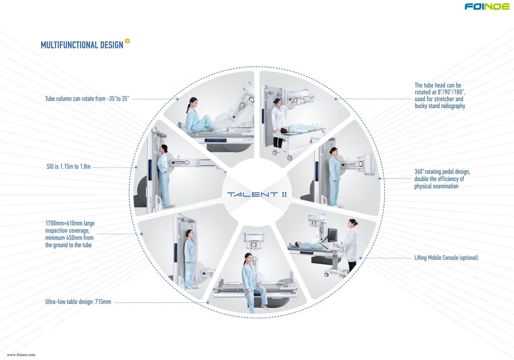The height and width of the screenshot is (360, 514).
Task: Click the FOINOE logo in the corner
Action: pos(487,7)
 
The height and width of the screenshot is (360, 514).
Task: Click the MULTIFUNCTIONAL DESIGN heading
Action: pos(81,45)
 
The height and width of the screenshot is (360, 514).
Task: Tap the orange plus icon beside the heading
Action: pos(127,41)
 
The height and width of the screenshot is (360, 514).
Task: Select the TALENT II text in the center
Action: pos(257,195)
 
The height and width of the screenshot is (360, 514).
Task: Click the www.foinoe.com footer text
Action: pos(21,355)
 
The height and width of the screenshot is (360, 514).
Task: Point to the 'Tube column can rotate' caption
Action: pos(87,98)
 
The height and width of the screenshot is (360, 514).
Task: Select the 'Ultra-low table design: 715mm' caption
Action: pos(78,302)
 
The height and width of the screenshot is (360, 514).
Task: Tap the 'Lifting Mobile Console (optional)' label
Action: pos(446,258)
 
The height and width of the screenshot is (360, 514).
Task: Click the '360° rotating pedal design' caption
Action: pos(442,179)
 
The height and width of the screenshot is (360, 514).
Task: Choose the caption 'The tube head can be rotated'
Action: pos(439,96)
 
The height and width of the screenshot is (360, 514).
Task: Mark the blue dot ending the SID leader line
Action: pos(135,167)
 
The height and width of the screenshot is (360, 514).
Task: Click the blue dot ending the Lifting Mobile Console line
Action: pos(360,258)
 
